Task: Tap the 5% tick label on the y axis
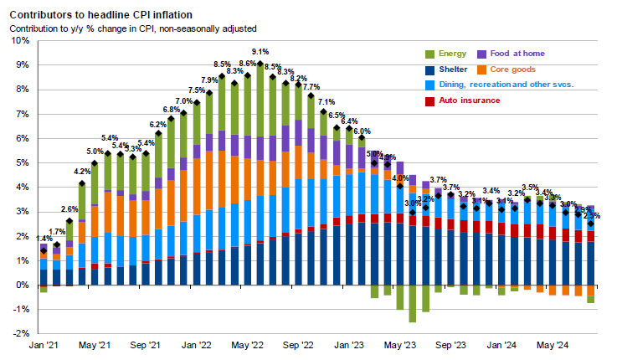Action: click(x=20, y=162)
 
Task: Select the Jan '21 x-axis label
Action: click(x=44, y=345)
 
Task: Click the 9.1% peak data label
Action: click(x=260, y=51)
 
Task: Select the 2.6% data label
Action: click(x=69, y=209)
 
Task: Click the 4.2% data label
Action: click(x=83, y=171)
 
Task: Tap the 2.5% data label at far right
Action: click(x=592, y=214)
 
